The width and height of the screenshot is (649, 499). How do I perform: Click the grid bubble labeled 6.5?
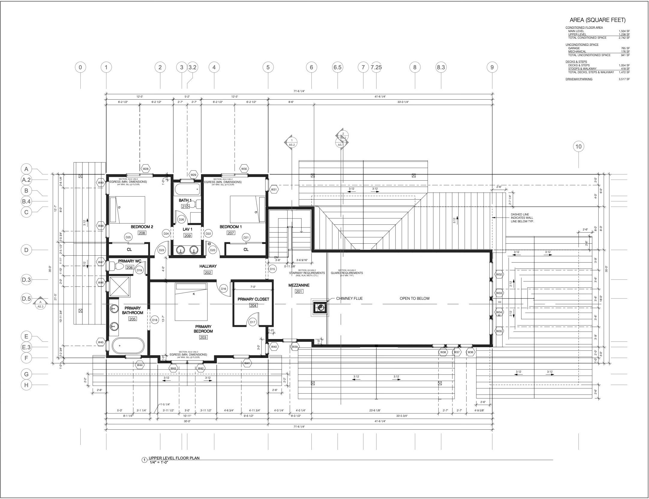(x=337, y=67)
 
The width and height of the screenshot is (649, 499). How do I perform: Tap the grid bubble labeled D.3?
(x=26, y=280)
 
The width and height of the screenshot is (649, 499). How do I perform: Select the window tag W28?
(x=146, y=169)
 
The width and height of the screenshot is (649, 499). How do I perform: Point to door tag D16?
(x=224, y=289)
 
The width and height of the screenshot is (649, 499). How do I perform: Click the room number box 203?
(x=203, y=337)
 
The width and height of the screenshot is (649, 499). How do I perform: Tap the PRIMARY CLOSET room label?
(x=253, y=299)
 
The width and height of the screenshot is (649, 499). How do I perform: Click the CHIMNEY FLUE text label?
(x=349, y=298)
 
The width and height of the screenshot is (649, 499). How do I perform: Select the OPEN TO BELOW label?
(x=414, y=298)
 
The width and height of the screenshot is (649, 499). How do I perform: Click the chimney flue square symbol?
(x=320, y=307)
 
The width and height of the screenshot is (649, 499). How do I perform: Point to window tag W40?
(x=274, y=347)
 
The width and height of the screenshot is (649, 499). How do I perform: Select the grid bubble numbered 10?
(x=578, y=146)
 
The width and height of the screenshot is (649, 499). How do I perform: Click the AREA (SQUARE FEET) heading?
(x=597, y=20)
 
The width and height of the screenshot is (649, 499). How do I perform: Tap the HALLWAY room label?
(x=208, y=266)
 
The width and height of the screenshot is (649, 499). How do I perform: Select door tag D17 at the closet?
(x=252, y=322)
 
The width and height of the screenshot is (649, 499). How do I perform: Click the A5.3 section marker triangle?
(x=40, y=304)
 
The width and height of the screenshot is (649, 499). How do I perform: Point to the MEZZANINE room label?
(x=299, y=285)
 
